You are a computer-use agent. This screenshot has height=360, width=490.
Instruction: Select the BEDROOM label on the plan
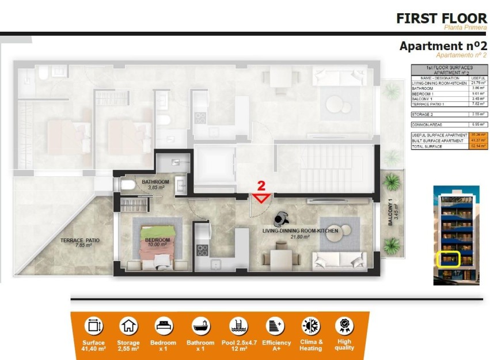pos(157,240)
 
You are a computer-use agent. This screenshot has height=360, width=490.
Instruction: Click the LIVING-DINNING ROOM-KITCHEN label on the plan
pos(300,231)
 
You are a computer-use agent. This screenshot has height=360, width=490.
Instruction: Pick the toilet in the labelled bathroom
pos(128,184)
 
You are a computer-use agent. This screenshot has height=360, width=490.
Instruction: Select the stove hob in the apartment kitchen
pos(202,250)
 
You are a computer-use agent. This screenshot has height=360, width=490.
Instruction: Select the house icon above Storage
pos(129,327)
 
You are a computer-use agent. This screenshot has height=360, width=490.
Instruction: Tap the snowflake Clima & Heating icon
pos(311,326)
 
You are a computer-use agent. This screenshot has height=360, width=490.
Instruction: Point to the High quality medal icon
pos(344,326)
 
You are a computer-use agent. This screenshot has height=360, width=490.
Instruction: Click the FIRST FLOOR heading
pos(442,18)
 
